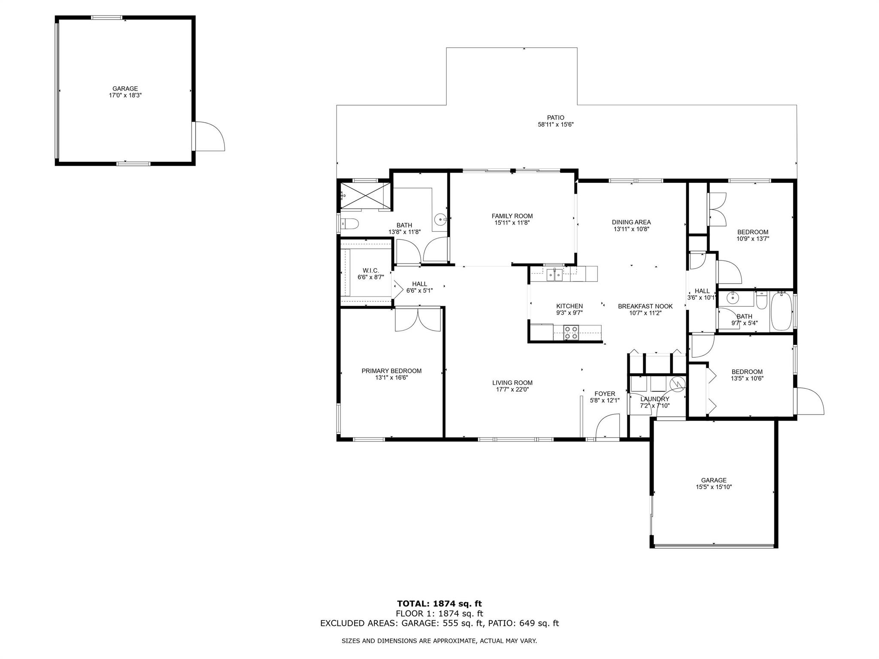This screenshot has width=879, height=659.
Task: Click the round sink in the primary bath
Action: point(440,220)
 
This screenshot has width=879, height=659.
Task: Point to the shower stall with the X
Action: point(365,196)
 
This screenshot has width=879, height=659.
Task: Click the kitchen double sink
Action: point(555,275)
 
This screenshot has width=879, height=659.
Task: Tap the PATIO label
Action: point(555,118)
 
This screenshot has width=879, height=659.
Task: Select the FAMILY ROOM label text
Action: point(512,216)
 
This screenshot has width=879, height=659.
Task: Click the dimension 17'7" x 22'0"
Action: point(512,390)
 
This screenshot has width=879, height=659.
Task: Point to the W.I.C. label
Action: point(370,270)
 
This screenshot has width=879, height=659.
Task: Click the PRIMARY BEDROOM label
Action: point(391,371)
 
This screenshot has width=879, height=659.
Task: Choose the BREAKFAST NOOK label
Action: point(645,306)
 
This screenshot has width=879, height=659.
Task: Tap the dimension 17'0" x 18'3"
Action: point(125,95)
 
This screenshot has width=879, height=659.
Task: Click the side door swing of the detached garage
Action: point(209,136)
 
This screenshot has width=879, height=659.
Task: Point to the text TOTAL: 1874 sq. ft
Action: point(439,604)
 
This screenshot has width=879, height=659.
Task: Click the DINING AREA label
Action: point(631,222)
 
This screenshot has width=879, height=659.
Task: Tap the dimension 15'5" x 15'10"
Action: point(714,487)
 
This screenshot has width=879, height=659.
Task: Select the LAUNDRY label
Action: point(655,399)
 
